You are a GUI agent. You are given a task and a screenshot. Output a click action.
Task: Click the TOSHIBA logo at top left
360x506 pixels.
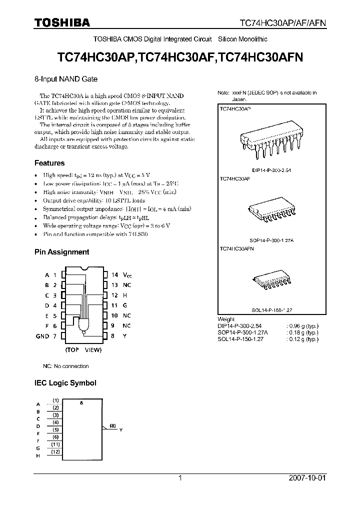(x=62, y=22)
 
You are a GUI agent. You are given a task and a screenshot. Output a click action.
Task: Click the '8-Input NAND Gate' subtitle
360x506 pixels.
(x=65, y=79)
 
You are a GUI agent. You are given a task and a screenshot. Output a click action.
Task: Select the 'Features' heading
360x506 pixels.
(x=49, y=163)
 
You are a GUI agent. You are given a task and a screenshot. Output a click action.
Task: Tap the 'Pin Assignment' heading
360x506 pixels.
(x=61, y=252)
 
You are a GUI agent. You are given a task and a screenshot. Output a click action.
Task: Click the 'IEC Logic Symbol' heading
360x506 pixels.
(x=65, y=383)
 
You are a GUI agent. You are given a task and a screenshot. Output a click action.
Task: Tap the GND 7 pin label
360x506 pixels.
(x=46, y=336)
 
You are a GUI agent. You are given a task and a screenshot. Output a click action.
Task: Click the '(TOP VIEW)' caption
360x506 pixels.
(x=83, y=350)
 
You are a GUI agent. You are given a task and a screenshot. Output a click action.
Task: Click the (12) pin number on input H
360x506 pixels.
(x=56, y=452)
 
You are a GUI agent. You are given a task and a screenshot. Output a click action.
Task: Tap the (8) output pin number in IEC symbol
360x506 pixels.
(x=113, y=425)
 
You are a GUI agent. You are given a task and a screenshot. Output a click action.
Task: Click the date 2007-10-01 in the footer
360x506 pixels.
(x=307, y=477)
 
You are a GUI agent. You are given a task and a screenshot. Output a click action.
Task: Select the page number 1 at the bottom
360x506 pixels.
(x=179, y=477)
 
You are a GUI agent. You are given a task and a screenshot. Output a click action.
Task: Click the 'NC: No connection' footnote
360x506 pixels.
(x=65, y=366)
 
